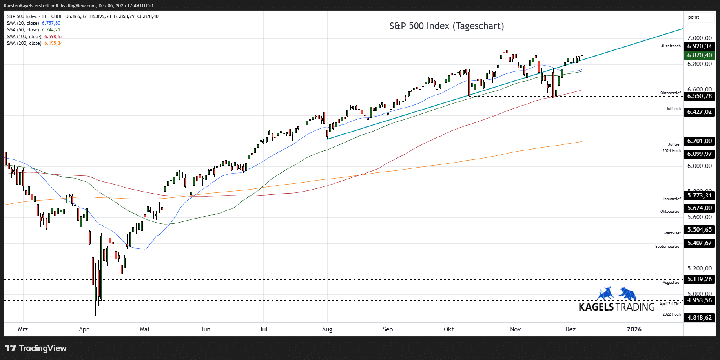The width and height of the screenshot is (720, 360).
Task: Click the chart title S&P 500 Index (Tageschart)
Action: (x=447, y=26)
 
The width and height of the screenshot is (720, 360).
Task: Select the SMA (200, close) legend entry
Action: (x=24, y=43)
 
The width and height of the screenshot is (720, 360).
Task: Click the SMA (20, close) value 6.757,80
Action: (x=51, y=23)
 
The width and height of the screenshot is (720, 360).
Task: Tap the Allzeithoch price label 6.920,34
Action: (x=699, y=46)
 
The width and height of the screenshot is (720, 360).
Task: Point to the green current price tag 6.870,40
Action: (x=699, y=55)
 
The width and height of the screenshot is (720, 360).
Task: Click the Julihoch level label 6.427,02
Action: (x=699, y=112)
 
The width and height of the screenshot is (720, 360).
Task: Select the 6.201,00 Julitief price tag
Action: (x=699, y=141)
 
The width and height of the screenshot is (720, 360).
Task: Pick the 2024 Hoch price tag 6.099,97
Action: (x=699, y=154)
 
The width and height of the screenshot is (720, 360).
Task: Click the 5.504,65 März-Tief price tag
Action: (x=699, y=230)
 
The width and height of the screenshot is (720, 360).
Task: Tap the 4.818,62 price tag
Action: (x=699, y=318)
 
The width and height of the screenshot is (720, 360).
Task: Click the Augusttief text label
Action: (x=672, y=283)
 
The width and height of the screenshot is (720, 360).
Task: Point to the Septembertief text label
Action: (x=668, y=247)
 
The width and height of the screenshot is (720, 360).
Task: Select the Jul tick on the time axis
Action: (x=263, y=329)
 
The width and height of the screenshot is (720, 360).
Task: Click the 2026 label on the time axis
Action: (x=634, y=329)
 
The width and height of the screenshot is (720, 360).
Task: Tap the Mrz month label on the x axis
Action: (x=23, y=329)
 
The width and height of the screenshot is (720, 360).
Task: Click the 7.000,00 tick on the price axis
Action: (x=699, y=38)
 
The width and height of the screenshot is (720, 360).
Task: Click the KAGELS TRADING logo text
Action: (x=616, y=307)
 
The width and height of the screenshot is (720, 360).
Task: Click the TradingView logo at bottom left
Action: (x=36, y=348)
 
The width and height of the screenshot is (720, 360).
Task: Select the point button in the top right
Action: (x=694, y=17)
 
